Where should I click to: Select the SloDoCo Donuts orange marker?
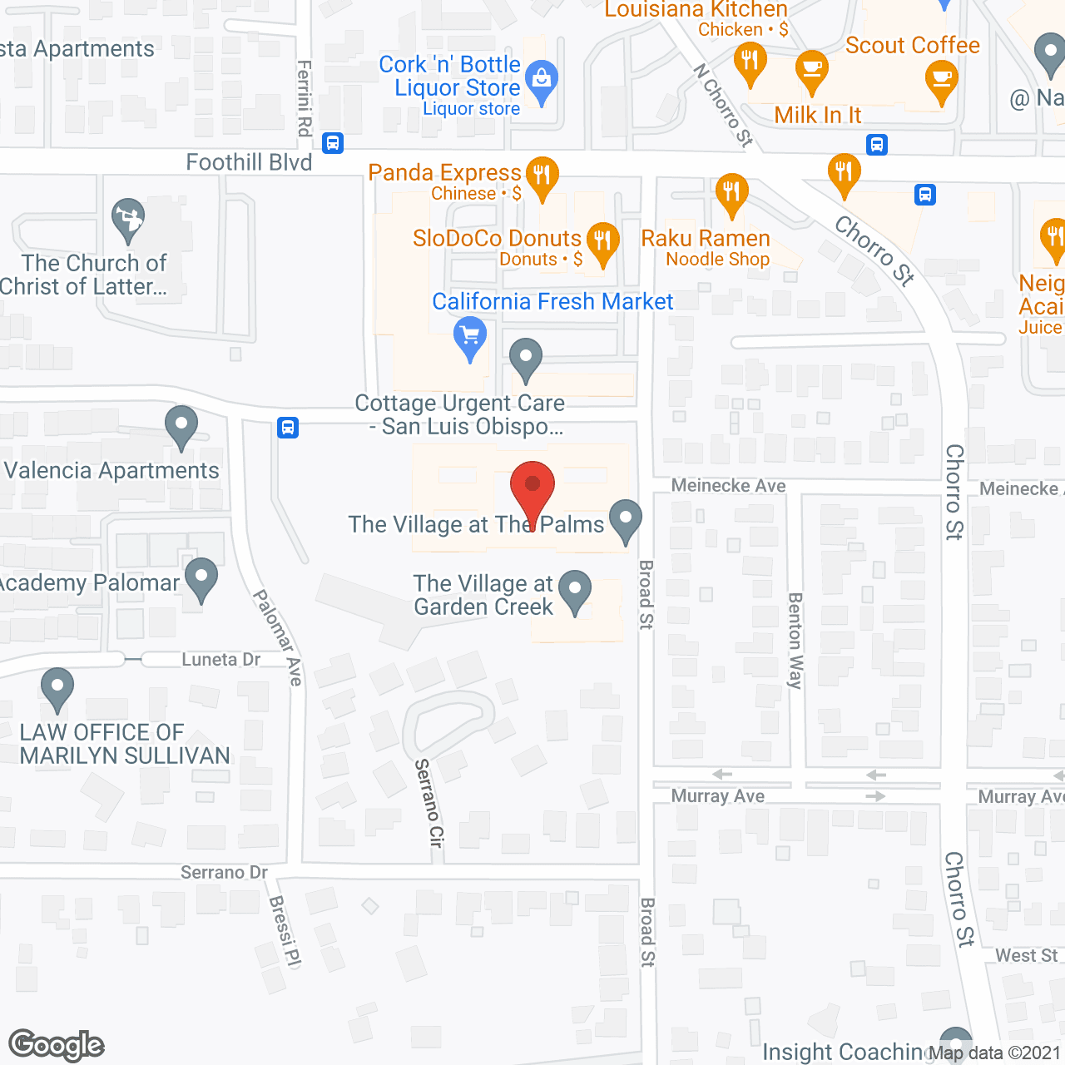point(603,242)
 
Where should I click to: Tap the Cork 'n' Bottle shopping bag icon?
point(542,82)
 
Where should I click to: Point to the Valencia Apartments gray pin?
point(181,426)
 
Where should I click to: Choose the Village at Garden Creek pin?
point(574,590)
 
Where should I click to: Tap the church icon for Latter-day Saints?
point(128,219)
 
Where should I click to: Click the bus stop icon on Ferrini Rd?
point(333,143)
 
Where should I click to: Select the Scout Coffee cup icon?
point(941,82)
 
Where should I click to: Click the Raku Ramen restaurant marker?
point(731,194)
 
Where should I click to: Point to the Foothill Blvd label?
point(249,162)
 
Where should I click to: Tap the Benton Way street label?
point(795,641)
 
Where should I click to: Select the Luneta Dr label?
point(221,660)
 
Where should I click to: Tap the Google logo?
point(57,1045)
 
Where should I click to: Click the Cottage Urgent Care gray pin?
point(525,359)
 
